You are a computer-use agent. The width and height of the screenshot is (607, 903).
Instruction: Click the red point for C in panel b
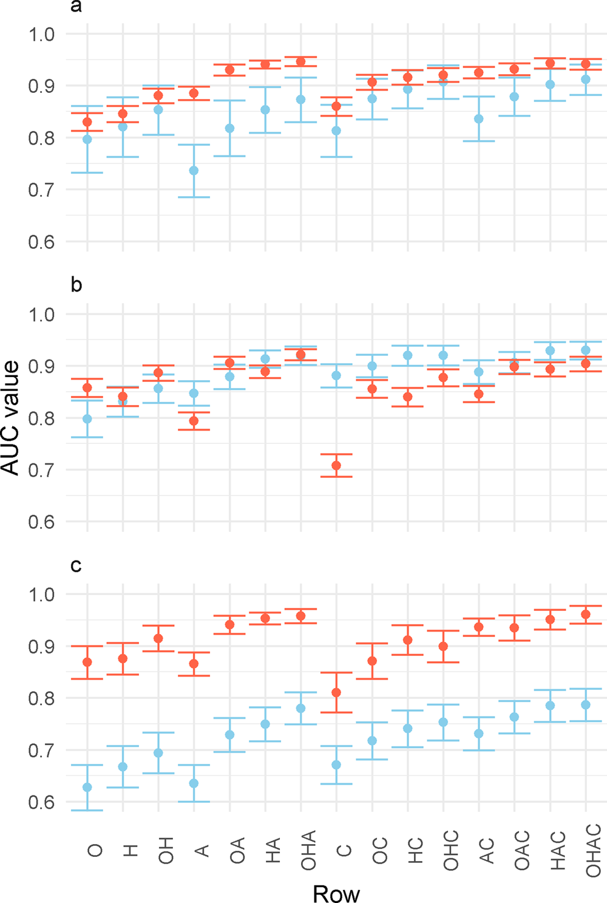336,466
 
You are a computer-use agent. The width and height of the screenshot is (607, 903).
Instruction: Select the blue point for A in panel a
194,171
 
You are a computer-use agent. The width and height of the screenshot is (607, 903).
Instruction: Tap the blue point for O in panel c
87,787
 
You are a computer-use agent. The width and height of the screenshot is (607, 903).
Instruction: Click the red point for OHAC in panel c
586,615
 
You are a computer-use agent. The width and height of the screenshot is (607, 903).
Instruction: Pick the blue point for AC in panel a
479,119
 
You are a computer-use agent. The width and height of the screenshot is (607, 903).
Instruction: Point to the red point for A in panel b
194,421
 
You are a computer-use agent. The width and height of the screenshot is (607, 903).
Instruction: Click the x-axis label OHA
308,850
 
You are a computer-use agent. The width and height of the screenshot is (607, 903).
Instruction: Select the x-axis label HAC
558,851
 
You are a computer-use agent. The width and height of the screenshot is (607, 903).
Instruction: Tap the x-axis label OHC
451,850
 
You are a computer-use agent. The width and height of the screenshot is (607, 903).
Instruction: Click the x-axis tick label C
344,850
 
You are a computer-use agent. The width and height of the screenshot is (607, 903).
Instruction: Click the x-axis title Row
336,893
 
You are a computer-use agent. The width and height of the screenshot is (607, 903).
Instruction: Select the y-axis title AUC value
11,418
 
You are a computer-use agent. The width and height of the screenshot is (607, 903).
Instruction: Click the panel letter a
76,7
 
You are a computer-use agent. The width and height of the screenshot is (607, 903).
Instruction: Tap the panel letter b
76,284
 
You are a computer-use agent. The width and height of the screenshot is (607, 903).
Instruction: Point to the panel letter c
76,565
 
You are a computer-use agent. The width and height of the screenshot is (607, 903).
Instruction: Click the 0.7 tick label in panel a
41,190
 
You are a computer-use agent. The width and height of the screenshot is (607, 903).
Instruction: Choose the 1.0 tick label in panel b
41,315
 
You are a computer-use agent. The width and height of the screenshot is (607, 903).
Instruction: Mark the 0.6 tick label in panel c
41,802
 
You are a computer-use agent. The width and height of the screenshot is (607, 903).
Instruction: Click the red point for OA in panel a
229,70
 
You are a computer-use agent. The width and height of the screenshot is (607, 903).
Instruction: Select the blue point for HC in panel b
408,356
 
